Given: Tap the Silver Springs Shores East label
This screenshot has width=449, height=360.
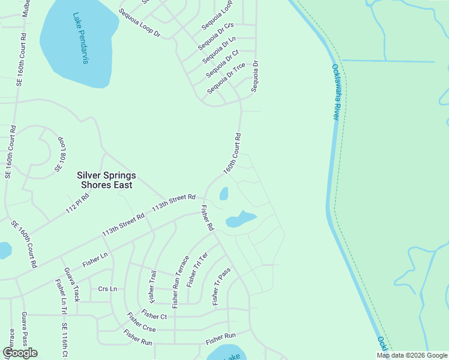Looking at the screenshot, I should coord(106,180).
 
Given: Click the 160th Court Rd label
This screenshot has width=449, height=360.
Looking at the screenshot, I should coord(232,154).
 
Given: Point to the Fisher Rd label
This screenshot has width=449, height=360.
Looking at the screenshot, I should coord(208,218).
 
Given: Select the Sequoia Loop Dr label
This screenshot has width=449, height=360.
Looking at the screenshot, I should coord(139,23).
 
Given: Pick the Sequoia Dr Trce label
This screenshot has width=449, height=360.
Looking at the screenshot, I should coord(226,79).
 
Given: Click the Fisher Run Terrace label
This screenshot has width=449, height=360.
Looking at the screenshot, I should coord(181,281).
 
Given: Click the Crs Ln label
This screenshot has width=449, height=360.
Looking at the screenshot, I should coord(107,289).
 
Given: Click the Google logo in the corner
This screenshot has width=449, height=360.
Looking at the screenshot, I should coord(20,353).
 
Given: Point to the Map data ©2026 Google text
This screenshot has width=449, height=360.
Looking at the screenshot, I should coord(411,355).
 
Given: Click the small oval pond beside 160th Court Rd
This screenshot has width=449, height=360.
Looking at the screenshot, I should coord(224,194).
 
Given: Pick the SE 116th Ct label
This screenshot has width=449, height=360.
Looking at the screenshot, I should coord(64,341).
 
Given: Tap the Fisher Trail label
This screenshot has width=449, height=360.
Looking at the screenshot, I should coord(152,286).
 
